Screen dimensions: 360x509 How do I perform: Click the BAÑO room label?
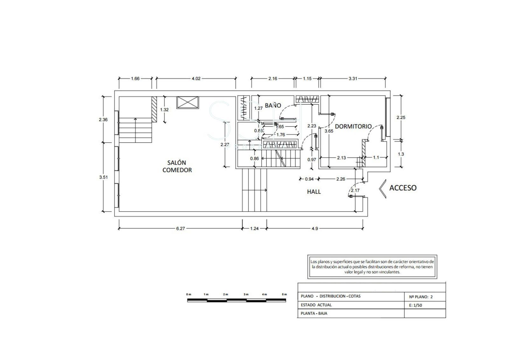273,105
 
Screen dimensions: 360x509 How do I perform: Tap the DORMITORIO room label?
353,126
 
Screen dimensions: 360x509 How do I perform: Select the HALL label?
314,192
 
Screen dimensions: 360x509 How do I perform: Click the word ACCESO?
403,188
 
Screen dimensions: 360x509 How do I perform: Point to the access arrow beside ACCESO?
382,189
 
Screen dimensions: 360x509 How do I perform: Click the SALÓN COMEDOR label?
177,166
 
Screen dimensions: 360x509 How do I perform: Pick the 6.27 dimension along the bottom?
180,228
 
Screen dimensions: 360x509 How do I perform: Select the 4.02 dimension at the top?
196,79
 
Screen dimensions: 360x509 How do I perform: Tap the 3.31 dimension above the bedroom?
353,79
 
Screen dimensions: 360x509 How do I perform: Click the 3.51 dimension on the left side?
103,177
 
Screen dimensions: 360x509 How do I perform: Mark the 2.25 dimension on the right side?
401,117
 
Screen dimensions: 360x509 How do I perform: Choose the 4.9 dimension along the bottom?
315,228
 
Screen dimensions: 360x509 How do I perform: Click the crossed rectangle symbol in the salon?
188,102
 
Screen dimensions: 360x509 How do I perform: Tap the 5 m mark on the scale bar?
284,294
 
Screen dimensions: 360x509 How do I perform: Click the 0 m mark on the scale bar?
189,294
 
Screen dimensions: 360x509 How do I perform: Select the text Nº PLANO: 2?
421,297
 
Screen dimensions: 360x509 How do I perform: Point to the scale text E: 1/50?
415,305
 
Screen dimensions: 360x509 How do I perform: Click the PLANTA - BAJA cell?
314,313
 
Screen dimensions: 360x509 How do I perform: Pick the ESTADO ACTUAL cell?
316,305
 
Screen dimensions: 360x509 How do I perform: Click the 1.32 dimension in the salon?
164,110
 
